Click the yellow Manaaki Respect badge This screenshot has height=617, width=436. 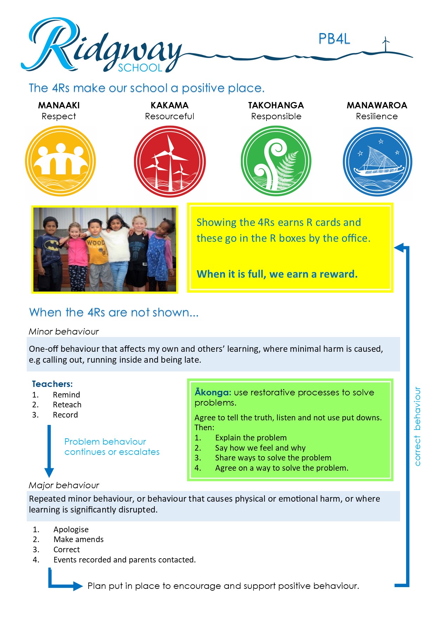coord(60,161)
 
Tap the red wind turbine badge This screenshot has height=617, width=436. coord(170,161)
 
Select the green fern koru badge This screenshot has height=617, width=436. coord(276,161)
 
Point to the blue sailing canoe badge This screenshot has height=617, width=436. coord(377,162)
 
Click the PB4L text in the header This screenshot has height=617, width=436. coord(334,39)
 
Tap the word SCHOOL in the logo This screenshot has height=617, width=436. coord(140,68)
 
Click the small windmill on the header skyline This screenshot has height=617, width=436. coord(386,44)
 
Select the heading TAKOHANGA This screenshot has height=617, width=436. coord(276,105)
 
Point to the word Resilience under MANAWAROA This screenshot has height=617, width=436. coord(377,116)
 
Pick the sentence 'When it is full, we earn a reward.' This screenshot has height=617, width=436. coord(277,274)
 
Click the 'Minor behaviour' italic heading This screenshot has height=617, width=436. coord(64,331)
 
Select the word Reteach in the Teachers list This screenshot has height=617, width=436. coord(67,405)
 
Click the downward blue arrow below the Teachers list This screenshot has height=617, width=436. coord(49,451)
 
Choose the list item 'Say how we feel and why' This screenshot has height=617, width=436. coord(260,448)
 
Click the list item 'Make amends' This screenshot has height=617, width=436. coord(78,539)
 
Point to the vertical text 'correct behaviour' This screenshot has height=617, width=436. coord(417,426)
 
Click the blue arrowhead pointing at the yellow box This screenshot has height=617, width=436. coord(399,247)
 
